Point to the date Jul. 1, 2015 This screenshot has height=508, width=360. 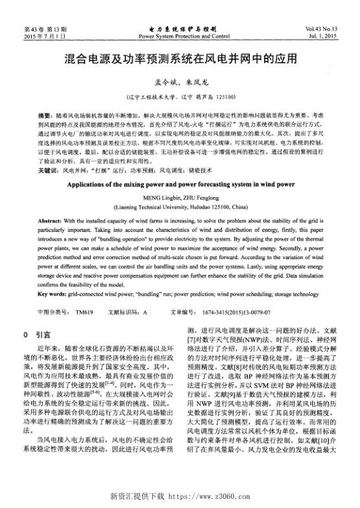coord(322,36)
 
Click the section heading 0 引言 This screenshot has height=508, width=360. coord(37,335)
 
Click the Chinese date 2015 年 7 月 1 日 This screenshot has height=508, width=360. coord(45,36)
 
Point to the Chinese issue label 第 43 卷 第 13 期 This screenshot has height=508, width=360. coord(45,29)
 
